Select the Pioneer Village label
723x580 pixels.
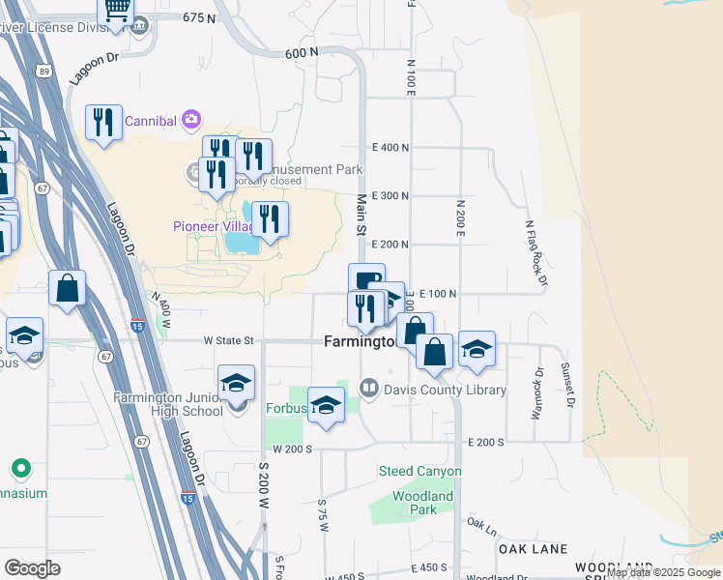[x=213, y=226]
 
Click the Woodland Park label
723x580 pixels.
[x=422, y=503]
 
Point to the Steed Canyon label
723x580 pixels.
[x=419, y=472]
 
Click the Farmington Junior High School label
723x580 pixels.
[x=168, y=404]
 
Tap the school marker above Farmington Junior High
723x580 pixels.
[x=236, y=383]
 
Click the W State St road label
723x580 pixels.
[x=228, y=340]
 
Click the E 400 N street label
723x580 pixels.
[x=390, y=147]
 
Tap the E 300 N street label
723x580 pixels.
[x=390, y=195]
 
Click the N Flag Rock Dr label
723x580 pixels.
[x=535, y=253]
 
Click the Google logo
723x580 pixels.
[x=32, y=567]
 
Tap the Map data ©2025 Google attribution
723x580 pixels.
[x=662, y=572]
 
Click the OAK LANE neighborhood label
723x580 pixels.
[x=533, y=548]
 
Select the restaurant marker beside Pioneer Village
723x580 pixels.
[x=270, y=219]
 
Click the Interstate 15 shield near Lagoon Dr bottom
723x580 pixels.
[x=188, y=498]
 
